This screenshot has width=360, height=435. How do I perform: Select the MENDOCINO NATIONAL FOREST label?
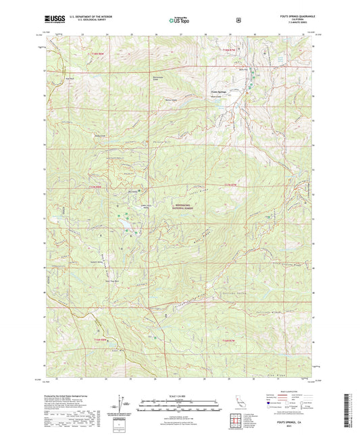tap(179, 210)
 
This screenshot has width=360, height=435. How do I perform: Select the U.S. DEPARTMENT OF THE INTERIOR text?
tap(85, 17)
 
